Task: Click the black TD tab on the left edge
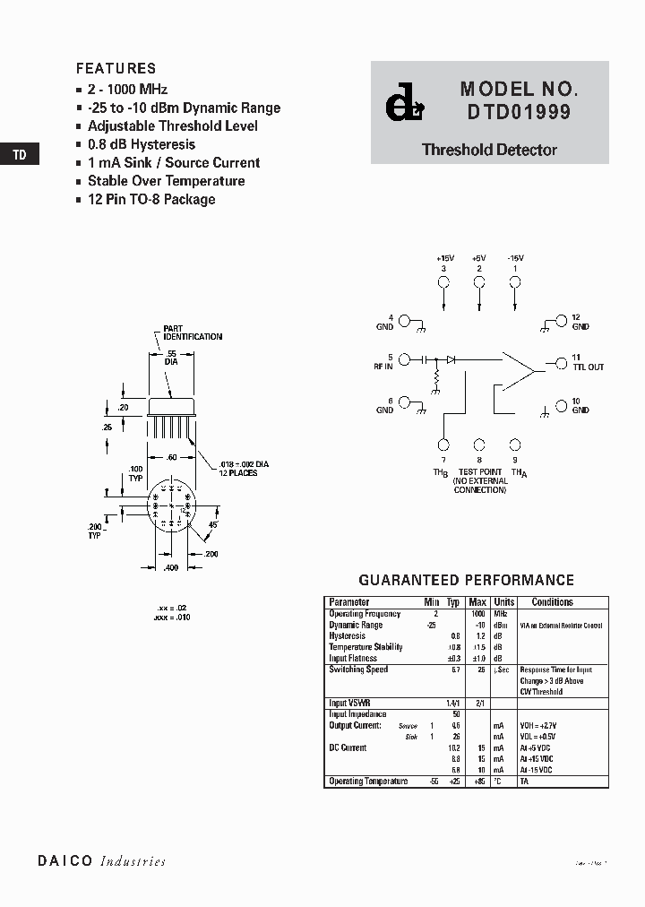19,155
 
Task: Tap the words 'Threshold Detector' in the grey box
489,151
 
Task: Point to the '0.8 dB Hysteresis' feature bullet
141,144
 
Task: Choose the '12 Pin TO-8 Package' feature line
151,199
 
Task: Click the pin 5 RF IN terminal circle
404,360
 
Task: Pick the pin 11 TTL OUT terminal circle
561,361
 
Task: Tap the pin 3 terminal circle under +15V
443,282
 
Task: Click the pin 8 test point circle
479,445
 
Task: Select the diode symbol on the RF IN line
451,359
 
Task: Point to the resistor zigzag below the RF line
437,381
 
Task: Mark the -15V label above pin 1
515,258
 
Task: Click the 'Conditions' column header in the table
552,602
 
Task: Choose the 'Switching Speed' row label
358,669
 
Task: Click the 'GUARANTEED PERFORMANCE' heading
466,580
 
